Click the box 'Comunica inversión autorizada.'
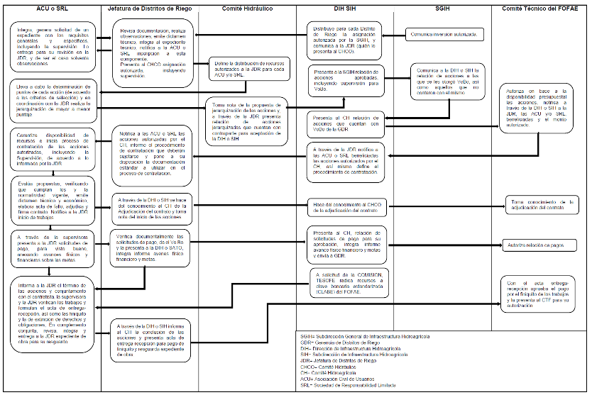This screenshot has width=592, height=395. pos(445,33)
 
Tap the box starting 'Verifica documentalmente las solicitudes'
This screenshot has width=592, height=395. pos(150,248)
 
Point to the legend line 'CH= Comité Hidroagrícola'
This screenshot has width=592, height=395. pos(329,372)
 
